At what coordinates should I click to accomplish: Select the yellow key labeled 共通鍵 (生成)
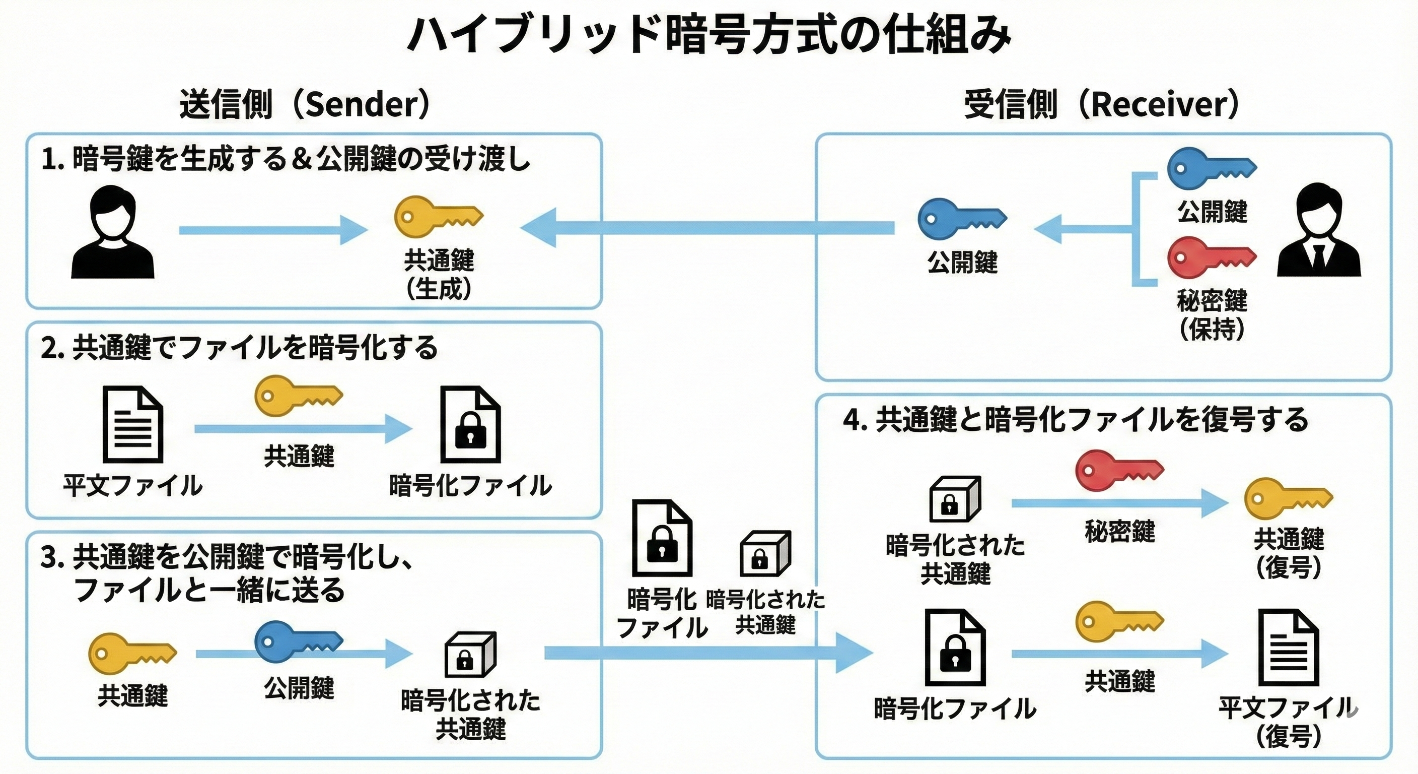438,216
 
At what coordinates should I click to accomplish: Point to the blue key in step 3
297,642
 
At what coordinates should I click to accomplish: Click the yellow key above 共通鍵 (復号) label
1288,499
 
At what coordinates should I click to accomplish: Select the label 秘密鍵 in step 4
1120,531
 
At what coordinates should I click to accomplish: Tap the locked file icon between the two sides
661,538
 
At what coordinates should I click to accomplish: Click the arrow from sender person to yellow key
272,230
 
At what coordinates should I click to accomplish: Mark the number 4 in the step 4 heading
852,420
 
